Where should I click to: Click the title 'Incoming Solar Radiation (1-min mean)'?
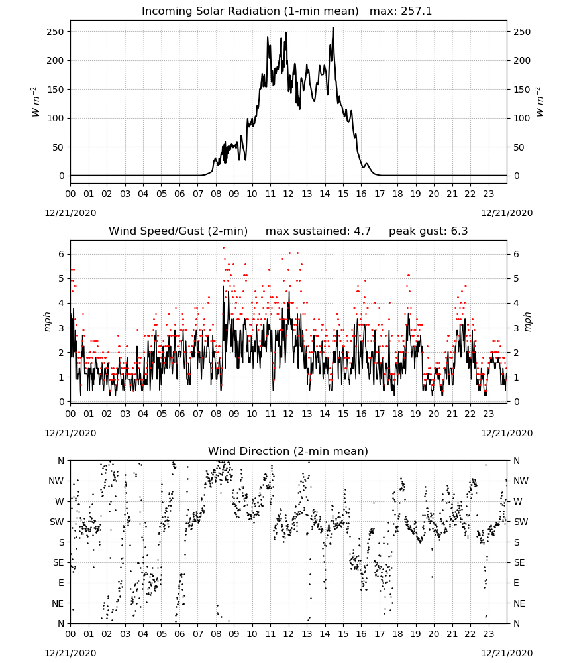click(250, 11)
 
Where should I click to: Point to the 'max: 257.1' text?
click(401, 11)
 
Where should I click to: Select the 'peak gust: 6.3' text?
click(429, 231)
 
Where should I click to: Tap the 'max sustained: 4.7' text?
click(318, 231)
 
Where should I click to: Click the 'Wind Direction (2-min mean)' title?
click(288, 451)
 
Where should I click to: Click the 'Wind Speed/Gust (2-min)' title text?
click(178, 231)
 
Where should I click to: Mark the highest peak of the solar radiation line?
click(333, 28)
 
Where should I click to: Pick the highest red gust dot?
click(223, 248)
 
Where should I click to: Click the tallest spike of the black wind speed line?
click(223, 286)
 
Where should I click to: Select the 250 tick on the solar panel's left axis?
click(56, 32)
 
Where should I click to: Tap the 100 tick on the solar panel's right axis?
click(522, 119)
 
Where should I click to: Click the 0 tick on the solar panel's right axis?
click(516, 176)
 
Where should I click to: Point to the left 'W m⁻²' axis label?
click(35, 102)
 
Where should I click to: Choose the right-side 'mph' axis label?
click(528, 322)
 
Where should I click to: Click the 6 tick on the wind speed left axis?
click(62, 254)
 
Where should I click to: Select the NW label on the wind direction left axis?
click(56, 481)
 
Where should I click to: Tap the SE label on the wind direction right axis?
click(519, 563)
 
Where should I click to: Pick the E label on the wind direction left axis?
click(61, 583)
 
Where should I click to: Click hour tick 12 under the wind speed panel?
click(289, 414)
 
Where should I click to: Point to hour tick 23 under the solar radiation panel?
click(489, 194)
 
